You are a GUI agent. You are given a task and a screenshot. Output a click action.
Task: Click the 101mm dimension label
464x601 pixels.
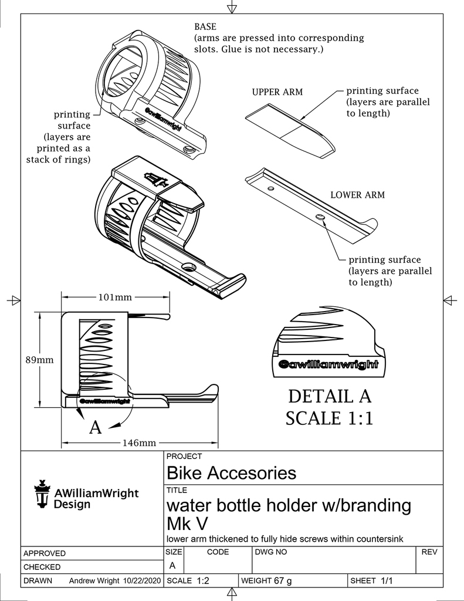[114, 298]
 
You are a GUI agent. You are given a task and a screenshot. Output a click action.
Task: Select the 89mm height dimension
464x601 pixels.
[39, 360]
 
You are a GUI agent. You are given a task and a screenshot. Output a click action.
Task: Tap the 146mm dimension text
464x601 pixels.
[139, 443]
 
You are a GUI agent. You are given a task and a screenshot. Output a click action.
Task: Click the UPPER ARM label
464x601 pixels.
[277, 92]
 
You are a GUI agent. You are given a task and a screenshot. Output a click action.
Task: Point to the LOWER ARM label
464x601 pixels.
[357, 195]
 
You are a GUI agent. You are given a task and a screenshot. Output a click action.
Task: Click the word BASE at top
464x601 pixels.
[205, 27]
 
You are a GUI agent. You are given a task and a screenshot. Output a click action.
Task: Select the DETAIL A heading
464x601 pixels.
[330, 396]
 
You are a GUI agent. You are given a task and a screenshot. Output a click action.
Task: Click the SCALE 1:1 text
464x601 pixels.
[330, 418]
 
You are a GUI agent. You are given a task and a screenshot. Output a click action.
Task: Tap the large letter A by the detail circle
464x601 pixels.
[95, 428]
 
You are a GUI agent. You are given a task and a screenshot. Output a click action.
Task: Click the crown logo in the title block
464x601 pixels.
[42, 494]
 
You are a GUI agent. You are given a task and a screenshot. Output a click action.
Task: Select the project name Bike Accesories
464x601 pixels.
[232, 473]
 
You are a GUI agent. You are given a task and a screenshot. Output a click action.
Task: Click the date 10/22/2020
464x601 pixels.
[141, 580]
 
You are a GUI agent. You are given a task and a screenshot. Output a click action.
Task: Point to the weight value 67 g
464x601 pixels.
[283, 580]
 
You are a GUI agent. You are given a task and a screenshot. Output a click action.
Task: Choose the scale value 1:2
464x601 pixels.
[204, 580]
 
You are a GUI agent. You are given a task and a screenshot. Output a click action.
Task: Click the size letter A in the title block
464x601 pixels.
[172, 565]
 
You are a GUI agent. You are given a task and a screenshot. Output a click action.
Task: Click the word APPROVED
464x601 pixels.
[45, 553]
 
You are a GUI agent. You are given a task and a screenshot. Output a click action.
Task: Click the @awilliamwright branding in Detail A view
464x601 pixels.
[330, 364]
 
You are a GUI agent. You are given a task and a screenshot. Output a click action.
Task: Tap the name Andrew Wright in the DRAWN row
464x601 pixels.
[95, 580]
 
